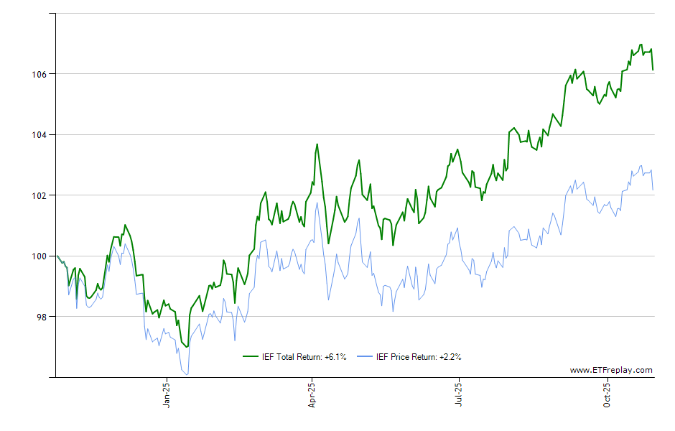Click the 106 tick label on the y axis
pyautogui.click(x=39, y=74)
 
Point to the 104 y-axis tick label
pyautogui.click(x=39, y=134)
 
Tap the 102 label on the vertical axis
pyautogui.click(x=39, y=195)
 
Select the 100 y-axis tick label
pyautogui.click(x=39, y=256)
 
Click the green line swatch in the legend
pyautogui.click(x=251, y=356)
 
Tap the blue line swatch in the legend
pyautogui.click(x=365, y=356)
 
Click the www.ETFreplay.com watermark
pyautogui.click(x=611, y=371)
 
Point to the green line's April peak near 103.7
pyautogui.click(x=317, y=144)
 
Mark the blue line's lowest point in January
pyautogui.click(x=187, y=374)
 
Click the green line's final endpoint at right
pyautogui.click(x=653, y=70)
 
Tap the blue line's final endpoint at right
pyautogui.click(x=653, y=190)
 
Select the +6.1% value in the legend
pyautogui.click(x=335, y=356)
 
